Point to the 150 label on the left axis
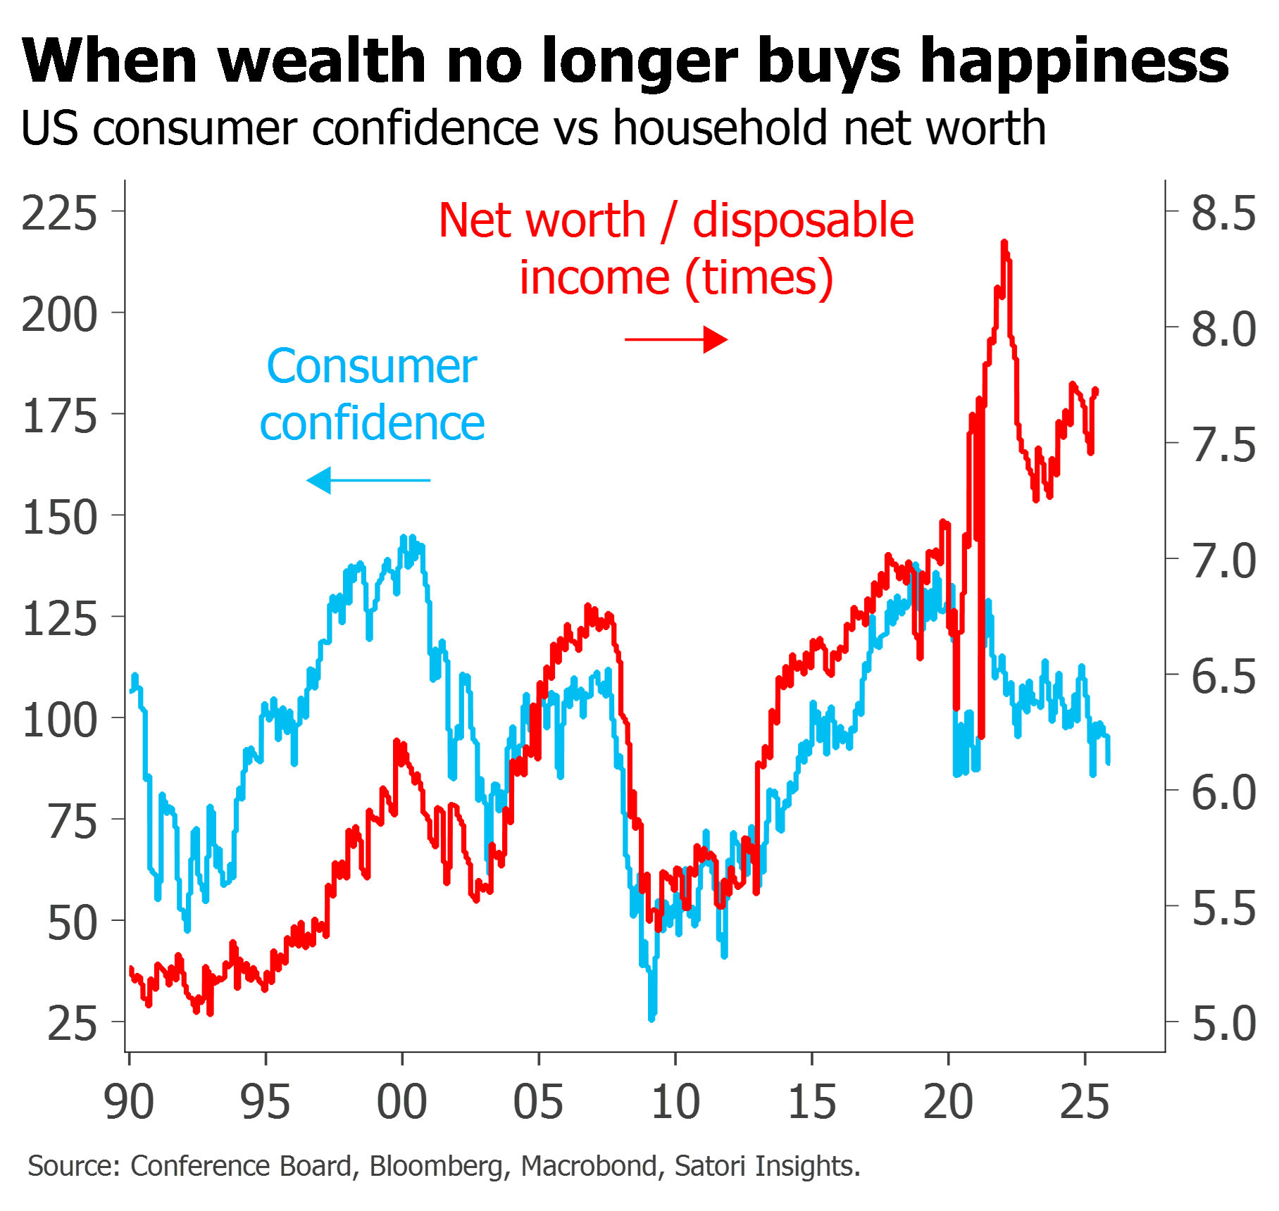pos(60,517)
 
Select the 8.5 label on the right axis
pos(1223,213)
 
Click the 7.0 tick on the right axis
pos(1173,558)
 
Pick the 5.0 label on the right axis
pos(1223,1023)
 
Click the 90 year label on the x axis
pos(129,1102)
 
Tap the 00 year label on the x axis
pos(402,1102)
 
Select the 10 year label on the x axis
pos(675,1102)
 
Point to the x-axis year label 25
pos(1085,1102)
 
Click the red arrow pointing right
pos(677,340)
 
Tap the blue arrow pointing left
pos(368,481)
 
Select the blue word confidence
pos(373,424)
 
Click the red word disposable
pos(804,220)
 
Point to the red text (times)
pos(760,278)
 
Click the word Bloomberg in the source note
pos(437,1166)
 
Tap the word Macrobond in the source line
pos(589,1166)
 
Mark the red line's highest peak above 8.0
pos(1004,243)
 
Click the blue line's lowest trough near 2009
pos(652,1017)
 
